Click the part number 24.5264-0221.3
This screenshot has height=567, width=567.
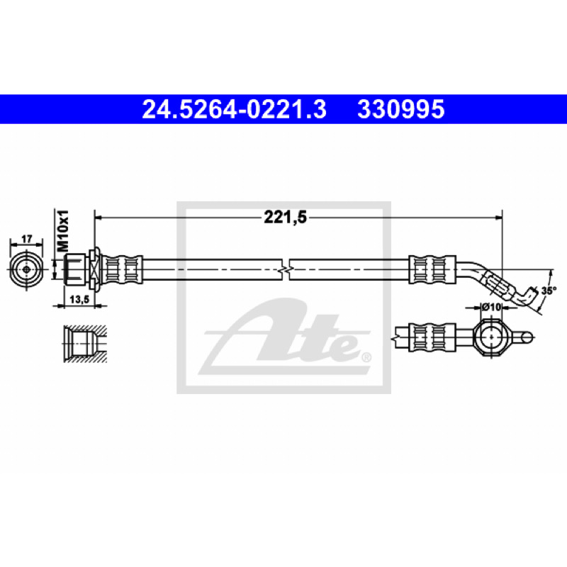pos(235,109)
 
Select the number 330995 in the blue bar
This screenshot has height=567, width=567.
pos(400,109)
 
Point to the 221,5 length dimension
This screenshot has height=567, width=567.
pos(286,218)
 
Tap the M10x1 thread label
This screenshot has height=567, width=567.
pos(63,230)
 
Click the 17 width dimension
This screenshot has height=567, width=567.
pos(27,239)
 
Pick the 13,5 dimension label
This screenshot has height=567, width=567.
pos(79,300)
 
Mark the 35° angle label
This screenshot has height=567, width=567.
pos(548,291)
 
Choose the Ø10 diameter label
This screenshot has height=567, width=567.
pos(491,307)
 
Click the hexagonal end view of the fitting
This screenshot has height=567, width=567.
pos(26,270)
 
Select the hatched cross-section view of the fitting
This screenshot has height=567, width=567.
pos(85,343)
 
